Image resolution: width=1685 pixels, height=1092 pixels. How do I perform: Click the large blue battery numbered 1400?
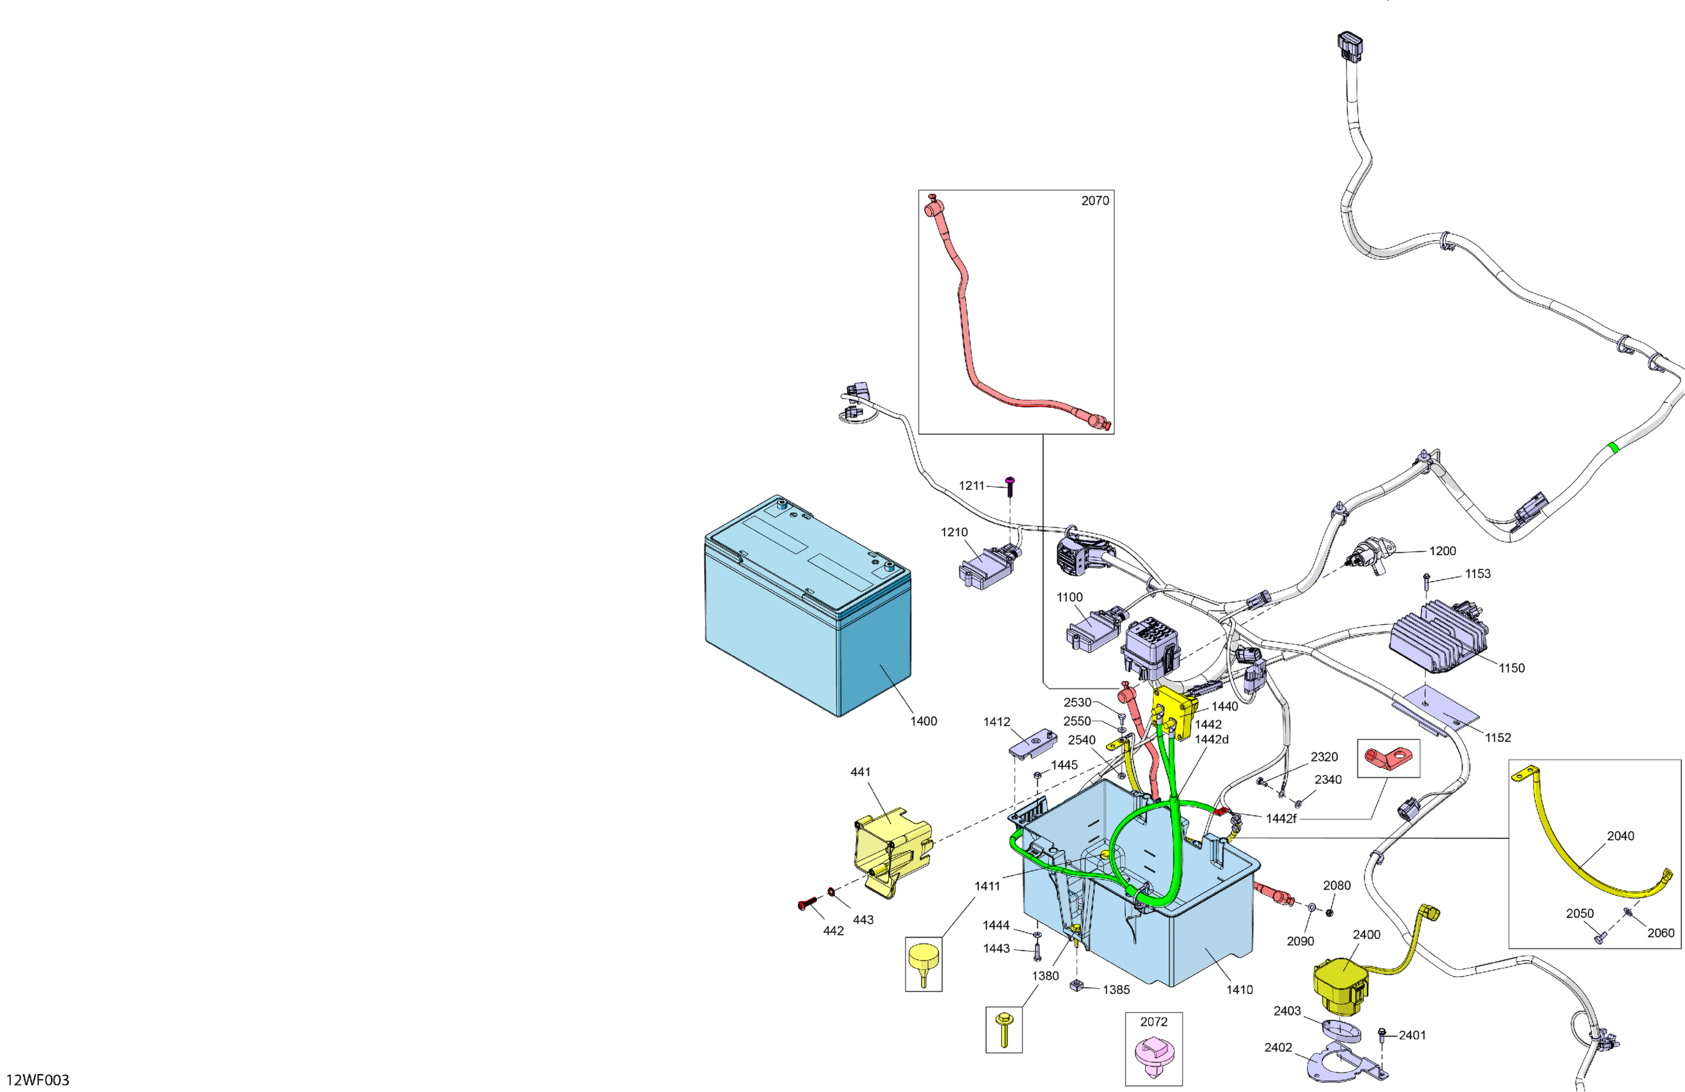807,609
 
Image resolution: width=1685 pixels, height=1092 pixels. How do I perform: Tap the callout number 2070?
1094,201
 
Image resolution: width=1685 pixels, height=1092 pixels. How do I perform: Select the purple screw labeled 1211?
1010,485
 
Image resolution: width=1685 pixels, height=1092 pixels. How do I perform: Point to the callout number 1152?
1497,737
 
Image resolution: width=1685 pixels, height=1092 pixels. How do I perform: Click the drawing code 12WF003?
37,1080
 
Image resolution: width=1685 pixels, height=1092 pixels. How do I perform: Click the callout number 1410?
1239,989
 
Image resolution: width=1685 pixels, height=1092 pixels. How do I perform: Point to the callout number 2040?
1620,836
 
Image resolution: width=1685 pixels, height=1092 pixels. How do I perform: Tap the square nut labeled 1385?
1077,985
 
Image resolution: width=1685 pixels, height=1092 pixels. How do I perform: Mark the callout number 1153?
1477,574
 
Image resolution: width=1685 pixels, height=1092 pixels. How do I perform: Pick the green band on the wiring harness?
1613,447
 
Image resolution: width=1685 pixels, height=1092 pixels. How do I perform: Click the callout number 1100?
1069,597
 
